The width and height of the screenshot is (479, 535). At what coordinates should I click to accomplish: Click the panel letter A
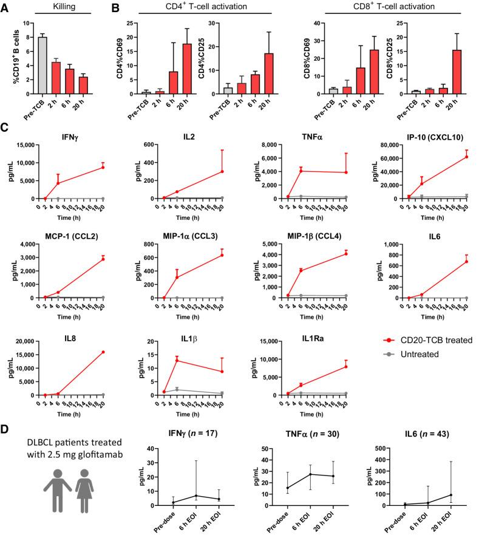point(5,9)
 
